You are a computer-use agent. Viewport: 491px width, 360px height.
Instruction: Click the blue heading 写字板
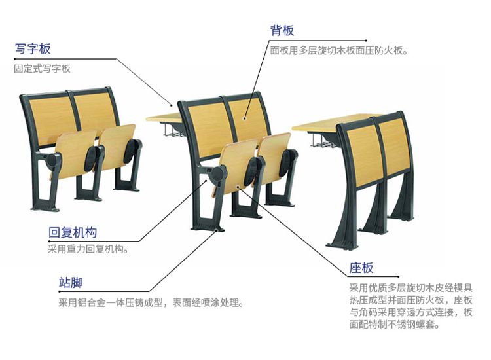(33, 49)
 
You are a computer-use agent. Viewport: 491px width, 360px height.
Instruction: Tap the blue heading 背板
(282, 31)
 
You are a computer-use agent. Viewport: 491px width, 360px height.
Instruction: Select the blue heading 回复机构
(73, 232)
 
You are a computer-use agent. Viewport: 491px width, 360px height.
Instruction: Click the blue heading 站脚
(71, 283)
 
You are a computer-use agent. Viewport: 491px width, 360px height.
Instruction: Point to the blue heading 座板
(361, 268)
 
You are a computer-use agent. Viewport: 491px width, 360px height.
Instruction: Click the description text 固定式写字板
(43, 69)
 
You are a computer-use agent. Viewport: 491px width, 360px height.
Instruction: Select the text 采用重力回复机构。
(88, 249)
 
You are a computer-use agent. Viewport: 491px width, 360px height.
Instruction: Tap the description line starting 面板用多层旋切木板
(339, 50)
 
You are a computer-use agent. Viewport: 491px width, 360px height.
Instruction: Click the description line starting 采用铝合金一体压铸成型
(151, 302)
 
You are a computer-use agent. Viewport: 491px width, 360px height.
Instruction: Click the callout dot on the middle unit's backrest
(244, 118)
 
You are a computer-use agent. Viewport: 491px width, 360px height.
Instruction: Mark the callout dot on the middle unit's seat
(238, 187)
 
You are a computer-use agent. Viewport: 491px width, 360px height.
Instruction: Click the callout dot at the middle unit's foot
(217, 231)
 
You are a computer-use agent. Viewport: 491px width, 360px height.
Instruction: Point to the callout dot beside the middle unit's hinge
(206, 180)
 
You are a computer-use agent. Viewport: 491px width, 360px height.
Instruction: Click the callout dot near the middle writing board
(172, 105)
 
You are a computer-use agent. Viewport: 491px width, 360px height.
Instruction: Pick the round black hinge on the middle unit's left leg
(218, 174)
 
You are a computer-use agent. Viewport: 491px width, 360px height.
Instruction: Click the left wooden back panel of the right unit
(365, 156)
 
